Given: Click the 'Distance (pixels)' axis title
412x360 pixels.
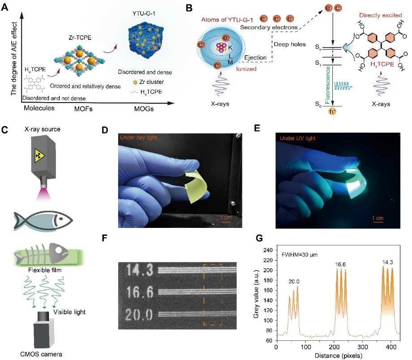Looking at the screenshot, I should [x=336, y=354].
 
